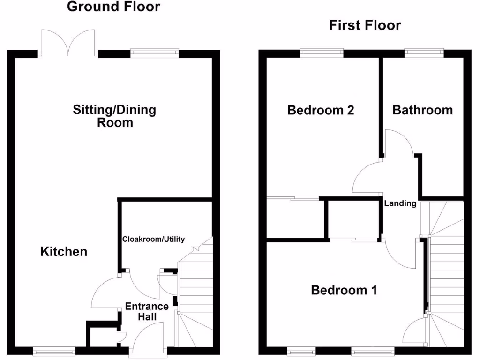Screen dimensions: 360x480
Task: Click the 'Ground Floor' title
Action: (x=113, y=7)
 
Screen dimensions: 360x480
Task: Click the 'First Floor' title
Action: (x=365, y=25)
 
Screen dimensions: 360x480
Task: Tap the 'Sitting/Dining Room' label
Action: (x=114, y=116)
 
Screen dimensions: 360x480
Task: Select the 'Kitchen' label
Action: (x=64, y=252)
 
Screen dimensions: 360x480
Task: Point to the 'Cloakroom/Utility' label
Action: (x=154, y=239)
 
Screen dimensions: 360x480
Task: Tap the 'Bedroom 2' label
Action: (x=320, y=110)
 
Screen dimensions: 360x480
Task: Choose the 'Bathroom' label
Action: (x=422, y=110)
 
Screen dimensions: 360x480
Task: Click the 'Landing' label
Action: (x=400, y=203)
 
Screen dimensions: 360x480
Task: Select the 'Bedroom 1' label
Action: (x=344, y=290)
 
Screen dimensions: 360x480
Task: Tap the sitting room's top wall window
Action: (x=155, y=52)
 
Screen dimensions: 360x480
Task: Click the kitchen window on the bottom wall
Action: (x=54, y=350)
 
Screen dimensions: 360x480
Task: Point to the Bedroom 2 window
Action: (x=322, y=52)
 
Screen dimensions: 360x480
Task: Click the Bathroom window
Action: (x=424, y=52)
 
